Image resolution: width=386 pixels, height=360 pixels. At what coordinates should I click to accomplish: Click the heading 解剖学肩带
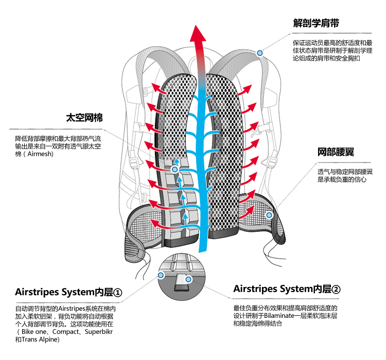(315, 23)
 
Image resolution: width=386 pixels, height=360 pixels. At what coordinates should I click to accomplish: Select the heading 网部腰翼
(336, 152)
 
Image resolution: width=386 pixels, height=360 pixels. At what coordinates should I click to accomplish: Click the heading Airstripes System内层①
(68, 293)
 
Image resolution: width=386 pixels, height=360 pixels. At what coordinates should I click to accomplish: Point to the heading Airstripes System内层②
(287, 289)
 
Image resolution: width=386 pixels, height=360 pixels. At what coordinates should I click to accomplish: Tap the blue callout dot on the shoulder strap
(260, 53)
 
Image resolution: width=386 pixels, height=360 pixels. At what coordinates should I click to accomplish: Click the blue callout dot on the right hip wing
(269, 214)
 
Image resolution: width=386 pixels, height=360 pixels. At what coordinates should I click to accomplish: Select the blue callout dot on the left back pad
(175, 169)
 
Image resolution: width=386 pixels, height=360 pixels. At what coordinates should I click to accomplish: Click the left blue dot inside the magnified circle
(161, 276)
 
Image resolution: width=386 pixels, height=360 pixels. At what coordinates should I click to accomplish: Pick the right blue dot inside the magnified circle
(189, 279)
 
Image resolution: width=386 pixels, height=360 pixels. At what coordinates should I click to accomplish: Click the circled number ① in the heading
(117, 293)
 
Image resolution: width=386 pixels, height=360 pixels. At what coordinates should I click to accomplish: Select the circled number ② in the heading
(336, 289)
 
